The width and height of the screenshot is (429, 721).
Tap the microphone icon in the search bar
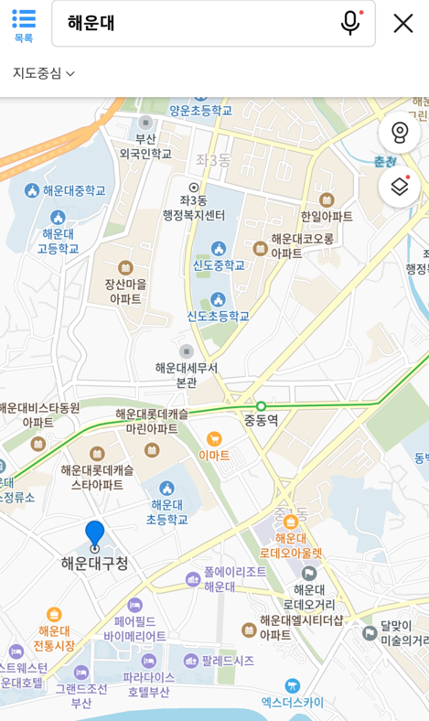click(350, 23)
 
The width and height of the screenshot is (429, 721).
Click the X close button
click(403, 23)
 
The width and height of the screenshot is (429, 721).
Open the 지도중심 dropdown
click(44, 73)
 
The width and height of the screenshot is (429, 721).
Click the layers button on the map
click(400, 187)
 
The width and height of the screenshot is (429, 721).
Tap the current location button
click(400, 133)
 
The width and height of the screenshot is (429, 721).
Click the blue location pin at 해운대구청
click(95, 533)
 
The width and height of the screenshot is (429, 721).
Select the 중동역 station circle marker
click(262, 406)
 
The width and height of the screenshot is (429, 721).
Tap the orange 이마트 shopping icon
click(214, 439)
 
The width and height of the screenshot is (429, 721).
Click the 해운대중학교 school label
click(74, 190)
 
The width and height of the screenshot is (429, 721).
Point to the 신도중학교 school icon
click(219, 248)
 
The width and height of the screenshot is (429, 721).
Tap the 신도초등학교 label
click(219, 316)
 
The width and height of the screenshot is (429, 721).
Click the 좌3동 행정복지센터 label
click(194, 209)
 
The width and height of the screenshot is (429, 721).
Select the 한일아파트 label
click(327, 217)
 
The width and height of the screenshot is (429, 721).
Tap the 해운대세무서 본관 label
click(187, 374)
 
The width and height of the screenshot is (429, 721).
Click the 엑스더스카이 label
click(293, 702)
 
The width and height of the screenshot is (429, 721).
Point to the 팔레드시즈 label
click(228, 660)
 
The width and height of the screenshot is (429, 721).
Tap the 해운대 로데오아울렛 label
click(291, 545)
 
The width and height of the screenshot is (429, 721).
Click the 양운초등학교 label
click(201, 110)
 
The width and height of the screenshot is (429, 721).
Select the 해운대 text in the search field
click(91, 24)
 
